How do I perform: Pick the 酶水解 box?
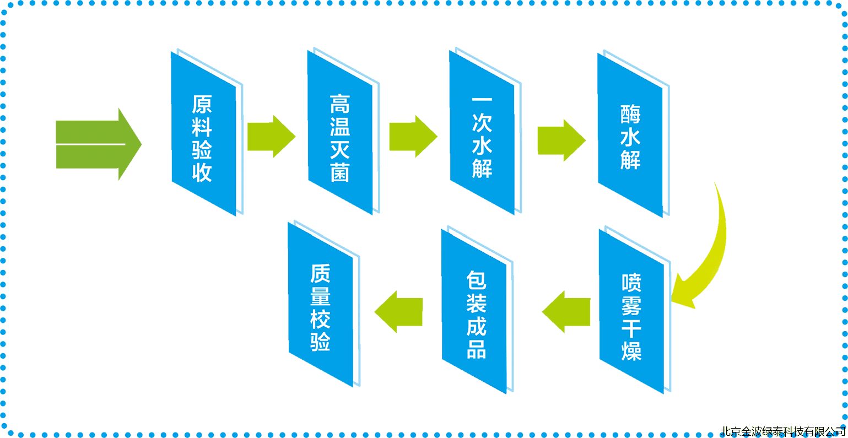point(630,136)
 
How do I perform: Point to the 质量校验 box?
point(320,306)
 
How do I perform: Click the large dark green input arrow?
point(96,144)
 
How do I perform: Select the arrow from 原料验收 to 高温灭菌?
point(271,137)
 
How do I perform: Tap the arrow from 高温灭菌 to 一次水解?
point(412,137)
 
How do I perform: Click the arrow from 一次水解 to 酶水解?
point(561,140)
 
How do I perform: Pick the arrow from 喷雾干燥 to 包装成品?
point(568,312)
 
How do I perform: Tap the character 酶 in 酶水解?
point(630,114)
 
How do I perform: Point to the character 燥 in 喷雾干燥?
point(631,350)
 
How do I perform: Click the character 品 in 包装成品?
point(476,349)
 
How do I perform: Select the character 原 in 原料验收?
point(202,104)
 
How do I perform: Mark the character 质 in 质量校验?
point(320,273)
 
